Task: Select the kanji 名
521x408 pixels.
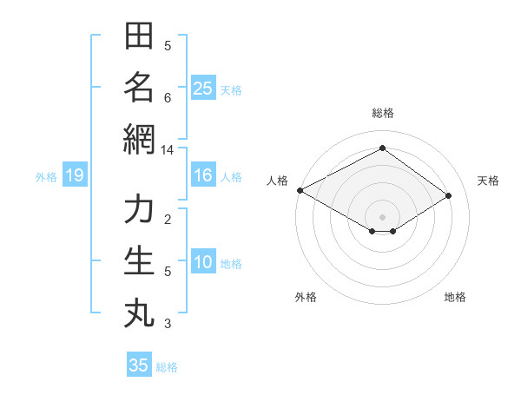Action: tap(139, 87)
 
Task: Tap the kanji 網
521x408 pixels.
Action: tap(139, 139)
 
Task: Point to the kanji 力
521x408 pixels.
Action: tap(139, 209)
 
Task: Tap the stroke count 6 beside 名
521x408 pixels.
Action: tap(168, 97)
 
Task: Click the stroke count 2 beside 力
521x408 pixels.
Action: tap(168, 219)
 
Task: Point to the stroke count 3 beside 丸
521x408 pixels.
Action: tap(168, 324)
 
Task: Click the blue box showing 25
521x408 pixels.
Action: tap(203, 88)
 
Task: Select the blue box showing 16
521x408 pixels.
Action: tap(203, 175)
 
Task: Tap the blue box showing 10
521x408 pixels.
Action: tap(203, 262)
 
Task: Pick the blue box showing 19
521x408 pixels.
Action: tap(74, 176)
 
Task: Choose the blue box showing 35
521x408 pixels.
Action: tap(139, 365)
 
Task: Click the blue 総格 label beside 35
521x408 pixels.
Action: tap(167, 367)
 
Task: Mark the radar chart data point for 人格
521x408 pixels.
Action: tap(300, 189)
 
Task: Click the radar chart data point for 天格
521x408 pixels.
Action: tap(449, 196)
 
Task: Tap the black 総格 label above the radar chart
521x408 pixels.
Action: tap(383, 113)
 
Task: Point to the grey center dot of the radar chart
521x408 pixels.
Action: tap(383, 216)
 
